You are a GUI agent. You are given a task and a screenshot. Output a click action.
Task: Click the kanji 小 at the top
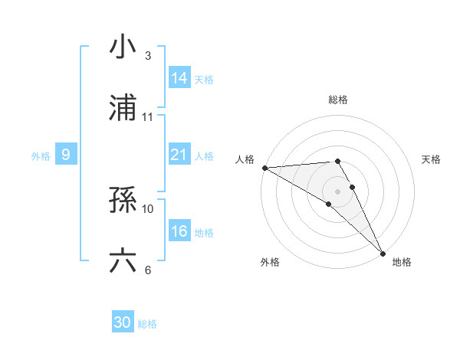coord(123,47)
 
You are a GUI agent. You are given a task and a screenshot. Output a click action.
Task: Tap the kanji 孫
coord(123,200)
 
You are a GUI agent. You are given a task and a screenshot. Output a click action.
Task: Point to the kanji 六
coord(123,261)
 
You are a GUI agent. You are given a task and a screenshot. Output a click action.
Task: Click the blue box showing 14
coord(179,78)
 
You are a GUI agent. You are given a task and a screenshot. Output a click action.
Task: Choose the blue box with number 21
coord(179,155)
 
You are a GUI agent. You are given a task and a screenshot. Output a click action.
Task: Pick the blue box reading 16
coord(179,231)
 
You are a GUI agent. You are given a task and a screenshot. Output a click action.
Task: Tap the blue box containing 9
coord(66,155)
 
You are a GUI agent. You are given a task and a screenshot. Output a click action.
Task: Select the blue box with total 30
coord(123,322)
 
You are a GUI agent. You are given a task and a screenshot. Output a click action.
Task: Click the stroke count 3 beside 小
coord(148,56)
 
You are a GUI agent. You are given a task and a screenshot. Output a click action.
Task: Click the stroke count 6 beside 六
coord(148,270)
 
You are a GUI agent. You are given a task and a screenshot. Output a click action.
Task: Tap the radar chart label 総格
coord(338,100)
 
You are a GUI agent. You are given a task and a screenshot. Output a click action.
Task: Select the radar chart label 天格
coord(432,159)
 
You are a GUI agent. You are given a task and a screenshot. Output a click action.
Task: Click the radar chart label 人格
coord(244,159)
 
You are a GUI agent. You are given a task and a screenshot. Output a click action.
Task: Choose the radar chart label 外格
coord(270,262)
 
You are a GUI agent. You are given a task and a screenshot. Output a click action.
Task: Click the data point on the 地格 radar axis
coord(383,253)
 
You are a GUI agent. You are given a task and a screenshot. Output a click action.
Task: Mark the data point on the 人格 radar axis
coord(264,168)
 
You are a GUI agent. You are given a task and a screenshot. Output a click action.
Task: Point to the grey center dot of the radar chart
coord(338,191)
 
